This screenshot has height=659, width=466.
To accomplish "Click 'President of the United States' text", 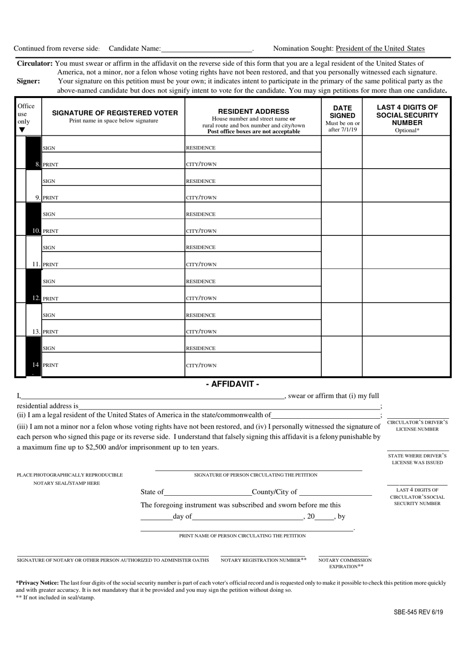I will pos(380,49).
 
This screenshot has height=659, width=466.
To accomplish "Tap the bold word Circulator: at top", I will pos(35,63).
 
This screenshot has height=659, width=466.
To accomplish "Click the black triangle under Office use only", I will pos(22,130).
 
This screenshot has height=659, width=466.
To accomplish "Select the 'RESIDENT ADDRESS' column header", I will pos(254,111).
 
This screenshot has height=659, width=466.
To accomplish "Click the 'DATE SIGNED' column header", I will pos(342,112).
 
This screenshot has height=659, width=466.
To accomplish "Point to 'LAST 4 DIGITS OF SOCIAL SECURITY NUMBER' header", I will pos(407,115).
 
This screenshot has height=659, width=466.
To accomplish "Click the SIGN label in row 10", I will pos(49,214).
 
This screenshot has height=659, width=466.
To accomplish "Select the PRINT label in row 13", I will pos(51,332).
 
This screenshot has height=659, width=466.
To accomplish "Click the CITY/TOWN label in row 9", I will pos(201,198).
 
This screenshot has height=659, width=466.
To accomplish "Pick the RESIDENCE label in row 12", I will pos(201,281).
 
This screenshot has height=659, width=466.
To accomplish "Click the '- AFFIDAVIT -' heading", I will pos(233,384).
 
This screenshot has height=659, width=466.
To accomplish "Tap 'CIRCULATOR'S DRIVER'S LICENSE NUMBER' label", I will pos(417,426).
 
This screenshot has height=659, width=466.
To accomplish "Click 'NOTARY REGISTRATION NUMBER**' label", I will pos(263,560).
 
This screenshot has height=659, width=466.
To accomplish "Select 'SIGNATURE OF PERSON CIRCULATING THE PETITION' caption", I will pos(256,475).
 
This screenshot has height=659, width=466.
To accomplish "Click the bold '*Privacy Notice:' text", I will pos(37,583).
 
